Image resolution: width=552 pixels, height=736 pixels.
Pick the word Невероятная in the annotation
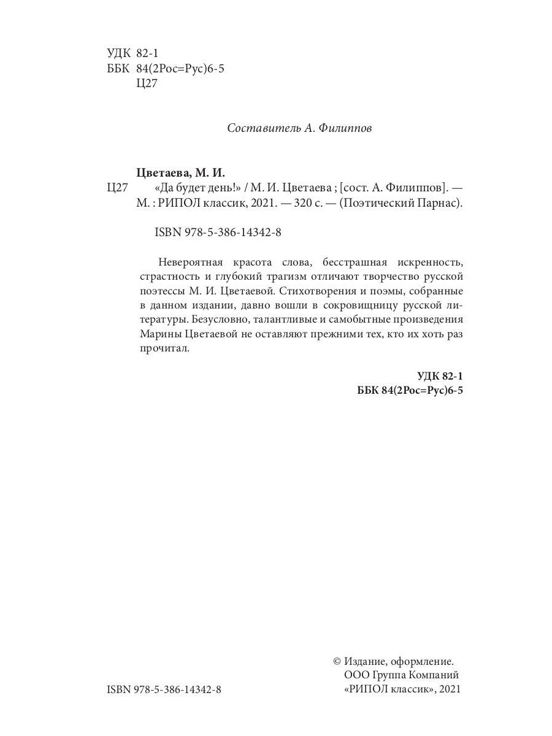[x=188, y=256]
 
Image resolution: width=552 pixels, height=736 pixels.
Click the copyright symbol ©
[x=336, y=662]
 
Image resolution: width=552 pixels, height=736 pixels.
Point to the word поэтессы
[x=161, y=288]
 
